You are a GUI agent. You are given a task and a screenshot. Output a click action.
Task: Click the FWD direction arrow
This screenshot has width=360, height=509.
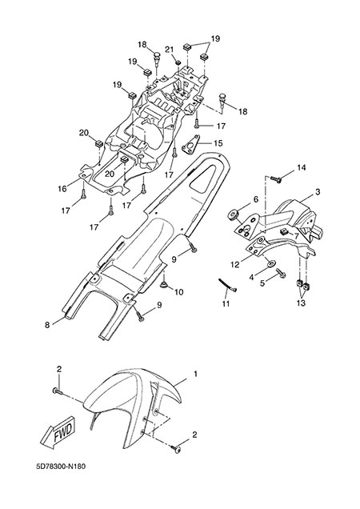pos(59,434)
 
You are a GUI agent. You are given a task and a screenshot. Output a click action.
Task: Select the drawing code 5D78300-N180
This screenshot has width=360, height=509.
pos(61,467)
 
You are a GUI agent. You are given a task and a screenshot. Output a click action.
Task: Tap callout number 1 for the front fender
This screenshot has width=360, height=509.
pos(195,374)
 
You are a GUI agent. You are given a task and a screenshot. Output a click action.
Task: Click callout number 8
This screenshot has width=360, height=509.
pos(47,325)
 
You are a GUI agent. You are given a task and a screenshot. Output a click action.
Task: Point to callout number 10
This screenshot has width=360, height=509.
pos(179,292)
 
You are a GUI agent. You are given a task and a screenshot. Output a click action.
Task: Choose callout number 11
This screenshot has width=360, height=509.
pos(226,304)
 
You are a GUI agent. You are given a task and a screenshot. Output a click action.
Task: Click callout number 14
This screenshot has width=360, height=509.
pos(302,168)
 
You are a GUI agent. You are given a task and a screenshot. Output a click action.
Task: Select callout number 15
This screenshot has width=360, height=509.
pos(218,143)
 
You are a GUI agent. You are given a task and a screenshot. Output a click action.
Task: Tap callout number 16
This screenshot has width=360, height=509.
pos(62,189)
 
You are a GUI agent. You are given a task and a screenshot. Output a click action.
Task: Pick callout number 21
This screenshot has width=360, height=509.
pos(169,50)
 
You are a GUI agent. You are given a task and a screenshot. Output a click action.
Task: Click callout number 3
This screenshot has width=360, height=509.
pos(317,192)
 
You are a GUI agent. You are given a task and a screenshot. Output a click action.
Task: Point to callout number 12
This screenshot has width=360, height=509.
pos(234,265)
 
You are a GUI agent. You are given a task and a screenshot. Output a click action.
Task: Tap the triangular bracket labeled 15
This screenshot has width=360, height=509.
pos(190,145)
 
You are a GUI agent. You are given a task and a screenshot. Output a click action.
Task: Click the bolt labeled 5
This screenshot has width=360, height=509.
pos(280,273)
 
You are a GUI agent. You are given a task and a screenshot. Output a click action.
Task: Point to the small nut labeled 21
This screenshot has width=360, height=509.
pos(178,62)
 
